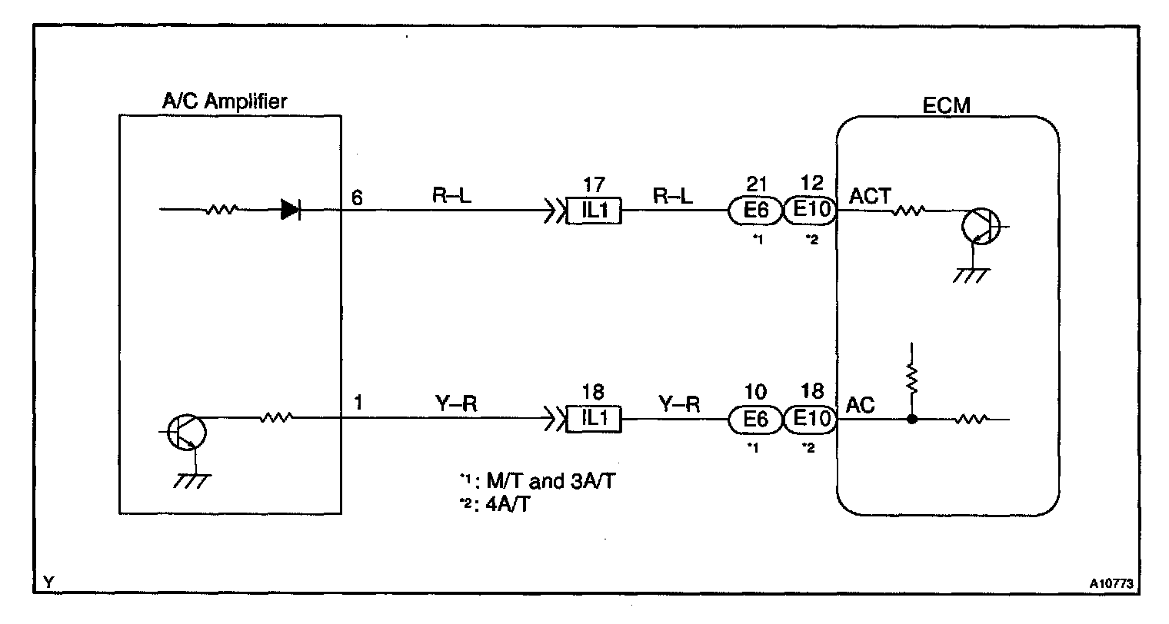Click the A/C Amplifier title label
tap(225, 101)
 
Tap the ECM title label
tap(946, 106)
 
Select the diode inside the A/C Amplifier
tap(291, 210)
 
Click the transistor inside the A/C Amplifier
tap(186, 432)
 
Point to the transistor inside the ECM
tap(981, 226)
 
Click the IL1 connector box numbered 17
tap(594, 211)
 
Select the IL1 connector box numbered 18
tap(594, 419)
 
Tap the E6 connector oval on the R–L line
tap(755, 211)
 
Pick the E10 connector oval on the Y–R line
tap(811, 419)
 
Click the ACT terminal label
tap(869, 197)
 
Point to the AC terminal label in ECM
tap(860, 405)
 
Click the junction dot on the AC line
tap(911, 419)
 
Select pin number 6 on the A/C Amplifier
tap(357, 197)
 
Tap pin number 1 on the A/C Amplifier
tap(358, 403)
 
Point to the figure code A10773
tap(1111, 583)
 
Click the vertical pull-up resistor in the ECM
tap(911, 379)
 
